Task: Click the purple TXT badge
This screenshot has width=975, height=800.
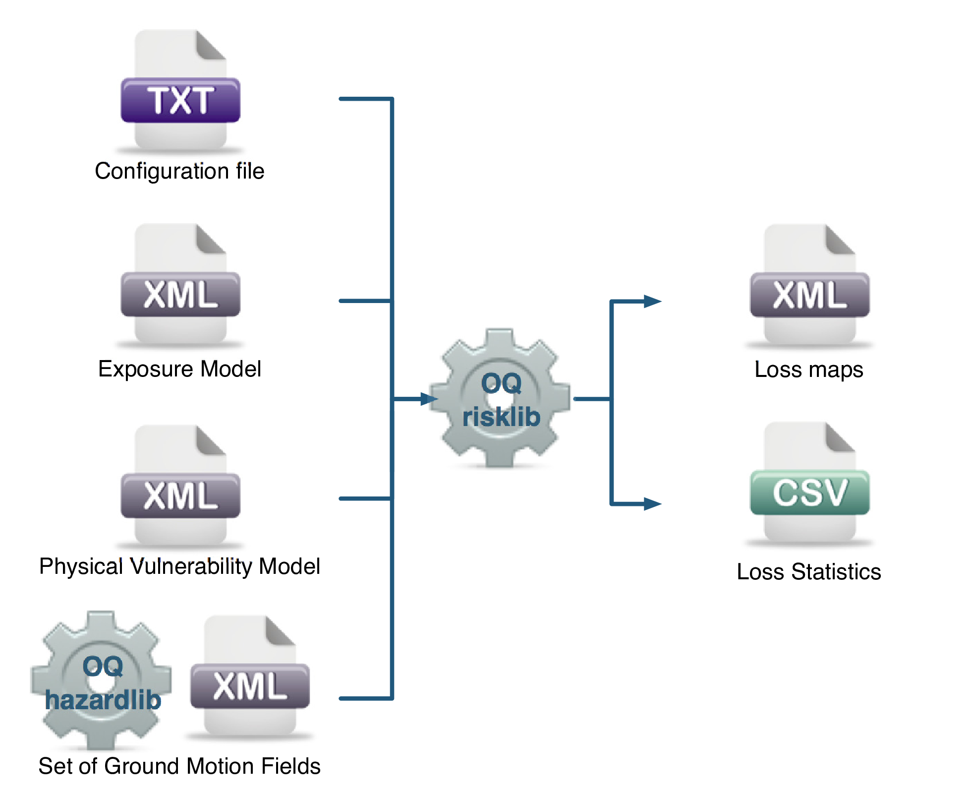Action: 180,100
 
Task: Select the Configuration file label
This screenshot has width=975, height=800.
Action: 179,171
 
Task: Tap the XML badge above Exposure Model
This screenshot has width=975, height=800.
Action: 180,295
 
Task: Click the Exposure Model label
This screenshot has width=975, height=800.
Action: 179,369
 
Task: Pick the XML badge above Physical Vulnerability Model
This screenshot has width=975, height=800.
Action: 180,496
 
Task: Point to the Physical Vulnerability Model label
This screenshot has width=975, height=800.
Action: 179,566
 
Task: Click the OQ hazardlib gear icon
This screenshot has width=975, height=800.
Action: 101,679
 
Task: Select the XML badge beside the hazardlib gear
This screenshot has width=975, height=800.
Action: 250,686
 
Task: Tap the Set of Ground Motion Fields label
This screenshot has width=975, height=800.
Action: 179,766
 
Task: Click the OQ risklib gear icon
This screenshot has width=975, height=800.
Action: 500,398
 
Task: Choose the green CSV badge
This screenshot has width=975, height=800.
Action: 809,492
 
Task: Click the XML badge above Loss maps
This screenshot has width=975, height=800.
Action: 809,295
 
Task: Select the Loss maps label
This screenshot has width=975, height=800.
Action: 808,370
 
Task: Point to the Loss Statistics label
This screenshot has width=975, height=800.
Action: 808,572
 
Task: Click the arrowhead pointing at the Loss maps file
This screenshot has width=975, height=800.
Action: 653,301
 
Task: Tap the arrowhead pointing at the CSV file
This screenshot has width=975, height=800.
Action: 653,504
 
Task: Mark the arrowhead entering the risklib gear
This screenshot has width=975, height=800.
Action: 429,399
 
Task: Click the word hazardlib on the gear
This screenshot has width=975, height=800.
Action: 103,700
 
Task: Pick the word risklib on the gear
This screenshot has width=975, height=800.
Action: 501,417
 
